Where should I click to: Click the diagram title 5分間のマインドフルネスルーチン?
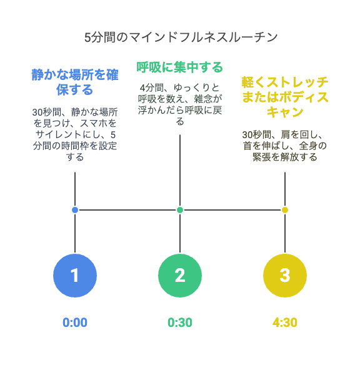pyautogui.click(x=181, y=37)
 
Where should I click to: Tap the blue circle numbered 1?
pyautogui.click(x=75, y=276)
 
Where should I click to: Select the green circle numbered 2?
pyautogui.click(x=180, y=276)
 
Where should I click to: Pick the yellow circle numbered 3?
pyautogui.click(x=285, y=276)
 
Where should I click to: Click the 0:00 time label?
pyautogui.click(x=75, y=322)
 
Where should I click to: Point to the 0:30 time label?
pyautogui.click(x=180, y=322)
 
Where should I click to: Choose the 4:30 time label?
pyautogui.click(x=285, y=322)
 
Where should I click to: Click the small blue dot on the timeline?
pyautogui.click(x=75, y=210)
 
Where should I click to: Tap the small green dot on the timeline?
pyautogui.click(x=180, y=210)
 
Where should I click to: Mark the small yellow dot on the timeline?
pyautogui.click(x=285, y=210)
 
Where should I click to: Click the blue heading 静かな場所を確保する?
pyautogui.click(x=75, y=82)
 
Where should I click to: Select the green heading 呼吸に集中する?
pyautogui.click(x=180, y=67)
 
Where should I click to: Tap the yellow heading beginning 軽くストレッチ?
pyautogui.click(x=285, y=97)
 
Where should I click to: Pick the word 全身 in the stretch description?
pyautogui.click(x=308, y=146)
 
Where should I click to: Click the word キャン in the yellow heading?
pyautogui.click(x=285, y=112)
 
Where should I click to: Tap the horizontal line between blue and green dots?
pyautogui.click(x=127, y=210)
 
